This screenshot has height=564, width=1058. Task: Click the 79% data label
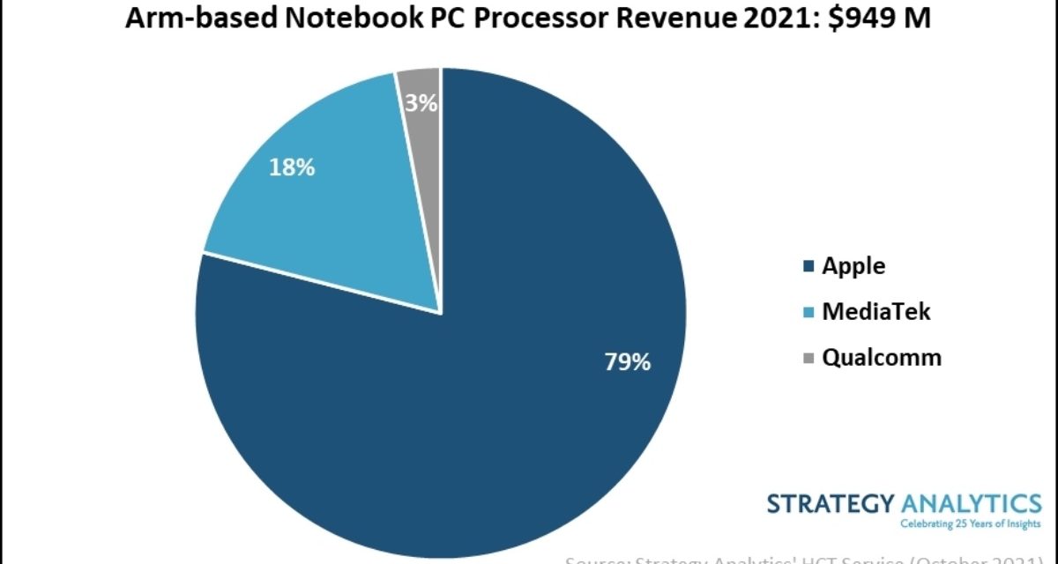pos(627,361)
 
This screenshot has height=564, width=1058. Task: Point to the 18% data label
pos(292,167)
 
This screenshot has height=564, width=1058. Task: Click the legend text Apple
pos(853,265)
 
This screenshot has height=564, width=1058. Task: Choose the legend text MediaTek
pos(875,311)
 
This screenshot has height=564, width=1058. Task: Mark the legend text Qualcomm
pos(882,358)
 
